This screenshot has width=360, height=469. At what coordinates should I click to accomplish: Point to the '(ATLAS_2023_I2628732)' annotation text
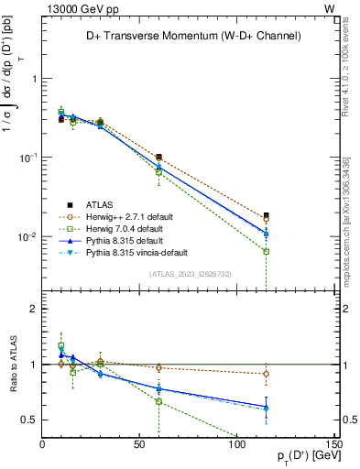(191, 273)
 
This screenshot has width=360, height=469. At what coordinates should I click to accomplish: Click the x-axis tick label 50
(139, 446)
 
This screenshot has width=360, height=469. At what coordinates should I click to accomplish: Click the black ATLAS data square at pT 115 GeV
(266, 215)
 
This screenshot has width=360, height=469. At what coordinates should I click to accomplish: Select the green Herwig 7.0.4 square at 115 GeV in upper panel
(266, 251)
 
